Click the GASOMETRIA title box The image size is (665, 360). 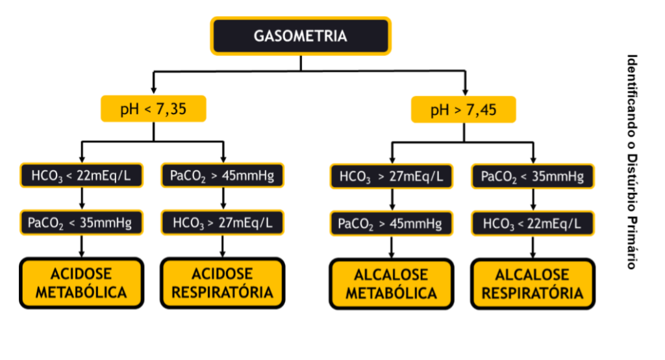pyautogui.click(x=300, y=36)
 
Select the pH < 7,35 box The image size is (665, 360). pyautogui.click(x=153, y=109)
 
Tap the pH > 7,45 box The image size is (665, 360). pyautogui.click(x=464, y=110)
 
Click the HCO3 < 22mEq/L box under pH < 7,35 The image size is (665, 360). pyautogui.click(x=81, y=175)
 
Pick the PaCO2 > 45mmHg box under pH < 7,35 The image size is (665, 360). pyautogui.click(x=223, y=175)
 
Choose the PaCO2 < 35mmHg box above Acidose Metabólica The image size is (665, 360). pyautogui.click(x=80, y=223)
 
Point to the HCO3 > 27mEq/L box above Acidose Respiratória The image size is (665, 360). pyautogui.click(x=223, y=223)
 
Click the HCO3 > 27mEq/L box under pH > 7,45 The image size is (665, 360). pyautogui.click(x=391, y=175)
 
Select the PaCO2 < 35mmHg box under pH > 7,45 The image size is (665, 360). pyautogui.click(x=533, y=175)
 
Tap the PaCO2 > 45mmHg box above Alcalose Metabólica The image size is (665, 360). pyautogui.click(x=390, y=224)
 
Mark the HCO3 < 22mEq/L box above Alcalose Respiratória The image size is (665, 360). pyautogui.click(x=533, y=224)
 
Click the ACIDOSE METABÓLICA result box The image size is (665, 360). pyautogui.click(x=81, y=283)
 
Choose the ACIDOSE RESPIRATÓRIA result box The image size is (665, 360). pyautogui.click(x=223, y=283)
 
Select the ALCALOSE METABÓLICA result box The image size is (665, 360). pyautogui.click(x=391, y=284)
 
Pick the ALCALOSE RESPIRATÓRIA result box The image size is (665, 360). pyautogui.click(x=533, y=284)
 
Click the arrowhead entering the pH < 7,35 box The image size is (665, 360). pyautogui.click(x=153, y=92)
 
